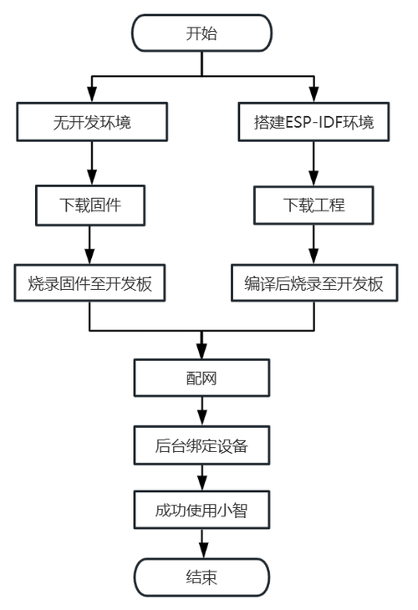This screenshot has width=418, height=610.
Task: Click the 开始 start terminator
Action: click(201, 34)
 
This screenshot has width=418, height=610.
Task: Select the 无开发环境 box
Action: click(90, 122)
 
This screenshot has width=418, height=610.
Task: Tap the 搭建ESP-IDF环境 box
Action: click(313, 122)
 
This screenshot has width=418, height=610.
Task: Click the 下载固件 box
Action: click(90, 203)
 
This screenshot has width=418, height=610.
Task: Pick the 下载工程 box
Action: click(313, 203)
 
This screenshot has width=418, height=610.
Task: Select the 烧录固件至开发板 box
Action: click(90, 283)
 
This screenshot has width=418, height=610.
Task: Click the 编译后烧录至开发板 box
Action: click(313, 283)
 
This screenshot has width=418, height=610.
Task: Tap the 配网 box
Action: click(201, 379)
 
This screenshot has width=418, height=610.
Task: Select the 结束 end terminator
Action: click(201, 577)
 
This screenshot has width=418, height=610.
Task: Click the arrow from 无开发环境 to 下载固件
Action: click(90, 163)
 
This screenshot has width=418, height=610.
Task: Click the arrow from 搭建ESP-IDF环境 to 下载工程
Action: click(313, 163)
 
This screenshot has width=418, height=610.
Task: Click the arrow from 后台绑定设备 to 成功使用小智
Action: click(201, 477)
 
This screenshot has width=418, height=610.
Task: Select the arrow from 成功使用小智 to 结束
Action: click(201, 542)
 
